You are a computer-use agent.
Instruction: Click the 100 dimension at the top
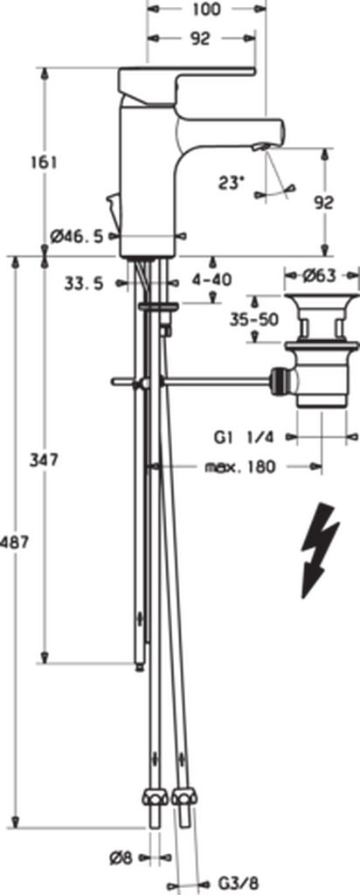pyautogui.click(x=206, y=9)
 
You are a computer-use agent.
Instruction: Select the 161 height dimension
pyautogui.click(x=44, y=163)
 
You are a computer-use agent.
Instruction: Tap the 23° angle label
pyautogui.click(x=232, y=184)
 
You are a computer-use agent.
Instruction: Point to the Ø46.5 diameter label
pyautogui.click(x=76, y=236)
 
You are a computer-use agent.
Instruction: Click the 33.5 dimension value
pyautogui.click(x=84, y=283)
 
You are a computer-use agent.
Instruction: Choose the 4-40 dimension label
pyautogui.click(x=211, y=281)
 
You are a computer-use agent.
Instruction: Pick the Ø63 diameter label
pyautogui.click(x=320, y=276)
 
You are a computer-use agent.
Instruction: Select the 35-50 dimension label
pyautogui.click(x=254, y=320)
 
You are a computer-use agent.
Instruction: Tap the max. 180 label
pyautogui.click(x=240, y=468)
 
